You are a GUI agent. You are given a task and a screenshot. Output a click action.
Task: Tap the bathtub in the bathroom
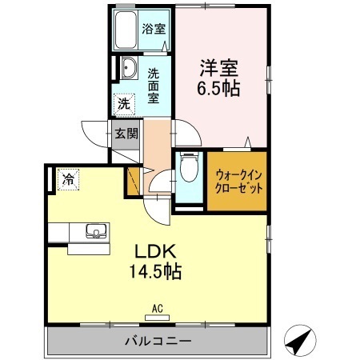[126, 31]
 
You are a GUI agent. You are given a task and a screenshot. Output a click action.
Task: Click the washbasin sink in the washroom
[127, 69]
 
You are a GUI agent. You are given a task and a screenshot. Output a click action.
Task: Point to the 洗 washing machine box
[124, 103]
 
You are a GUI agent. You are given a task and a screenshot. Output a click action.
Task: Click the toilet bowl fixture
[188, 170]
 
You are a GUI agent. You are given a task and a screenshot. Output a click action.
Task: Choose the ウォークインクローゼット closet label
[238, 181]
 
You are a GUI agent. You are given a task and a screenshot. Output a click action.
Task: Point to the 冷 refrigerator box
[69, 180]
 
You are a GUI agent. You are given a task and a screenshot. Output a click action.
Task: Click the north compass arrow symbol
[299, 342]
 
